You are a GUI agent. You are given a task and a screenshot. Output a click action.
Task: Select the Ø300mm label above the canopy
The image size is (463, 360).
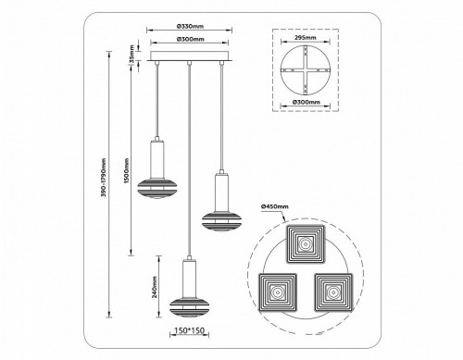click(188, 42)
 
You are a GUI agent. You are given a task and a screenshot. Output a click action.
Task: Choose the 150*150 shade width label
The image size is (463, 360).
click(188, 327)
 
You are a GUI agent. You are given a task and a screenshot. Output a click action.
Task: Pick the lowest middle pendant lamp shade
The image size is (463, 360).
click(188, 304)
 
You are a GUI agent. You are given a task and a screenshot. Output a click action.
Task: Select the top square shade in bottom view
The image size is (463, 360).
click(306, 243)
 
